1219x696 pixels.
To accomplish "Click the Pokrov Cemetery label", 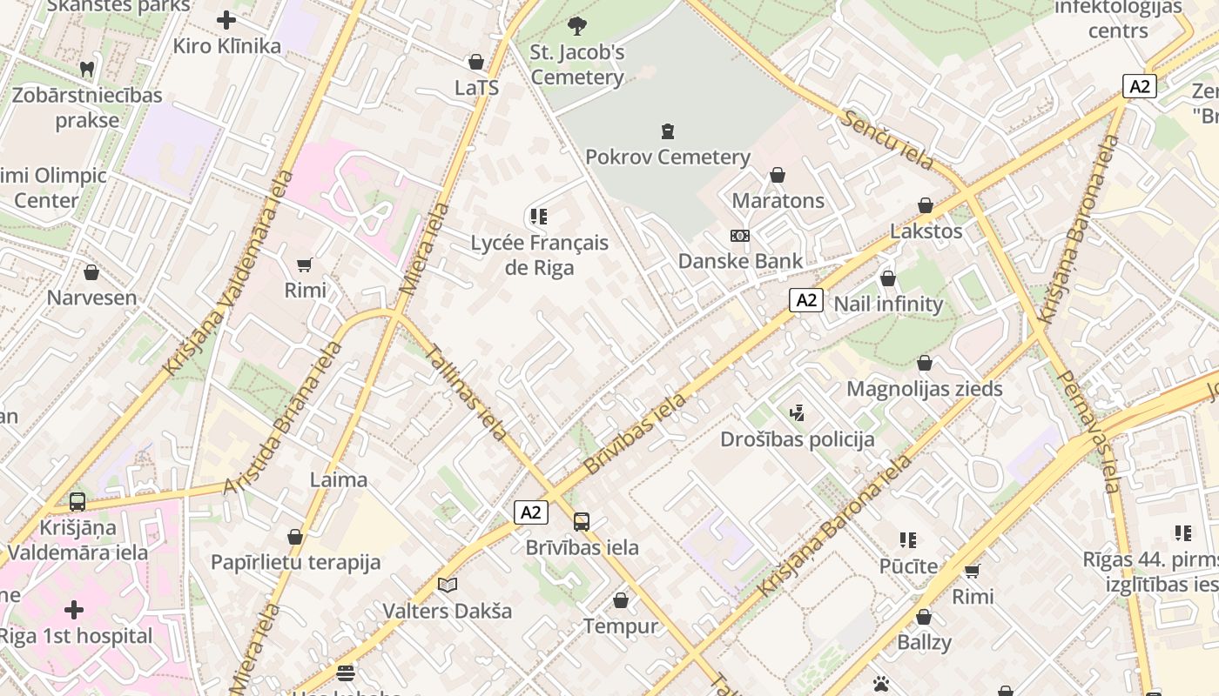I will pyautogui.click(x=667, y=157).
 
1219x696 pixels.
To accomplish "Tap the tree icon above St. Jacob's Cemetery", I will pyautogui.click(x=576, y=26).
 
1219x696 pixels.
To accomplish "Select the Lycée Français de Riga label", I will pyautogui.click(x=539, y=255).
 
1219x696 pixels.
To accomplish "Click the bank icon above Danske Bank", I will pyautogui.click(x=740, y=236).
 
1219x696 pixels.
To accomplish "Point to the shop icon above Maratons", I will pyautogui.click(x=778, y=176).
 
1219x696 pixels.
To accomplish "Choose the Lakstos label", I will pyautogui.click(x=926, y=231).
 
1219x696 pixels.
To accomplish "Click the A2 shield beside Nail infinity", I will pyautogui.click(x=806, y=300).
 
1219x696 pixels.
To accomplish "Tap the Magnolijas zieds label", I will pyautogui.click(x=924, y=389).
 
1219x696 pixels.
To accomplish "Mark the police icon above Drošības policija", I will pyautogui.click(x=797, y=412).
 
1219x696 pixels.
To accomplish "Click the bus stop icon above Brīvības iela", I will pyautogui.click(x=582, y=522).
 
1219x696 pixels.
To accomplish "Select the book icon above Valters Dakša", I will pyautogui.click(x=448, y=586).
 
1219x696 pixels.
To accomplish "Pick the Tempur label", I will pyautogui.click(x=620, y=626).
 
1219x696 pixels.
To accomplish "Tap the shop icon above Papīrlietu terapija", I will pyautogui.click(x=295, y=537).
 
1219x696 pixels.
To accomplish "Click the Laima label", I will pyautogui.click(x=339, y=479).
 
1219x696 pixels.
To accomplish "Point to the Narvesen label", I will pyautogui.click(x=91, y=298).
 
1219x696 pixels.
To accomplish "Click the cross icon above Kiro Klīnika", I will pyautogui.click(x=226, y=20).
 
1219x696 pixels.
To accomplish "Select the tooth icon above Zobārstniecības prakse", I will pyautogui.click(x=86, y=69).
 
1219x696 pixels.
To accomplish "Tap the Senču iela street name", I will pyautogui.click(x=886, y=140).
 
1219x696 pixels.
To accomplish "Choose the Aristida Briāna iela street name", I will pyautogui.click(x=283, y=418).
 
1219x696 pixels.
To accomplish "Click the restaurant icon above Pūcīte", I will pyautogui.click(x=908, y=540).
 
